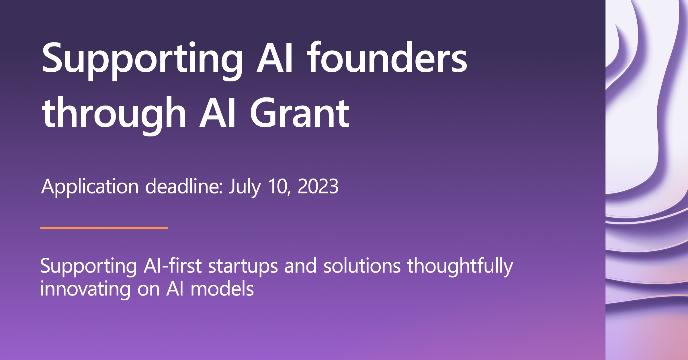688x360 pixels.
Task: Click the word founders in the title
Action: point(387,57)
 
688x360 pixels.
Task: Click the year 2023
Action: point(318,187)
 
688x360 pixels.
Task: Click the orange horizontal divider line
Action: point(104,228)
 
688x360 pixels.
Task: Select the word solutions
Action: point(362,265)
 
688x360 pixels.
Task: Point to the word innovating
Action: point(85,289)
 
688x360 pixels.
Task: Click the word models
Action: point(222,288)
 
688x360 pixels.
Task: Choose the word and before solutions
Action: point(300,266)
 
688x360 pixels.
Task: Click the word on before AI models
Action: point(148,290)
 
